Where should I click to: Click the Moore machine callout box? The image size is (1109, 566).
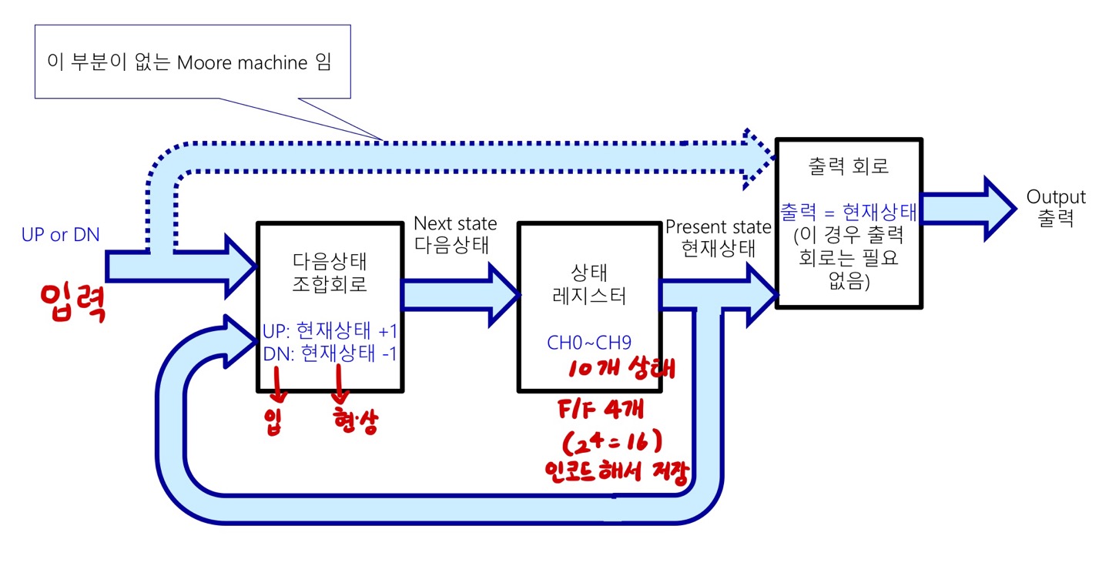point(193,62)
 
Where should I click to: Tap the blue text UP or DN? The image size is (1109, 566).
point(60,235)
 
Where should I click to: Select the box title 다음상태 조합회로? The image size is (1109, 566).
point(330,273)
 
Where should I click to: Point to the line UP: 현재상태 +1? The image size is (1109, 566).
point(330,332)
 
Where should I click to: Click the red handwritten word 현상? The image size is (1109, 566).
point(355,423)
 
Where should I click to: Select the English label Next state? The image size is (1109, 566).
point(455,223)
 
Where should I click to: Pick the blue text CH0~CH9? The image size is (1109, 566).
point(589,343)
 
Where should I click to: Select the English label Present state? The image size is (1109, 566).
point(718,227)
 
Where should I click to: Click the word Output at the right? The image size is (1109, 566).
point(1056,197)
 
